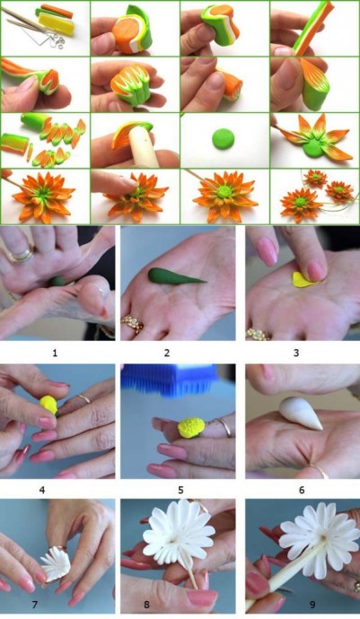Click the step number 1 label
(x=55, y=353)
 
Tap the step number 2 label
(x=167, y=353)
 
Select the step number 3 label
(x=296, y=353)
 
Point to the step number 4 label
(x=42, y=490)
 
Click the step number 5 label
(x=180, y=490)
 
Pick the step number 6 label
(x=302, y=490)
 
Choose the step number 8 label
(x=146, y=604)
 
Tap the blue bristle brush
(x=170, y=379)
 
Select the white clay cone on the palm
(x=302, y=413)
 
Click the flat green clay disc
(x=224, y=139)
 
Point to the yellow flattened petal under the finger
(x=304, y=279)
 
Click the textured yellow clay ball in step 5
(x=191, y=428)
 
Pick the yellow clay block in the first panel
(x=57, y=23)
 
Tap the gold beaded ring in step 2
(x=133, y=325)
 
